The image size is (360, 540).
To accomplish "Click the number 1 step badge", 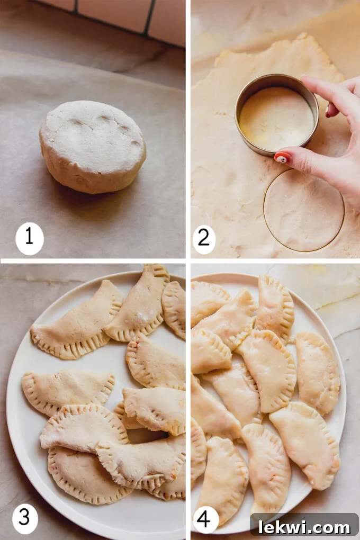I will [x=29, y=238].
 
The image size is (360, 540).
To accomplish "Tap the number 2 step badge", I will [x=204, y=238].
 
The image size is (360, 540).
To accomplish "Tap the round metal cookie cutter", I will [x=276, y=114].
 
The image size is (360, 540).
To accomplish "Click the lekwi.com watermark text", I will [x=304, y=527].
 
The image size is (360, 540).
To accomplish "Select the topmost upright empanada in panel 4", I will [x=275, y=307].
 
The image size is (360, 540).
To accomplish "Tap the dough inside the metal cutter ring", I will [x=275, y=119].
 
